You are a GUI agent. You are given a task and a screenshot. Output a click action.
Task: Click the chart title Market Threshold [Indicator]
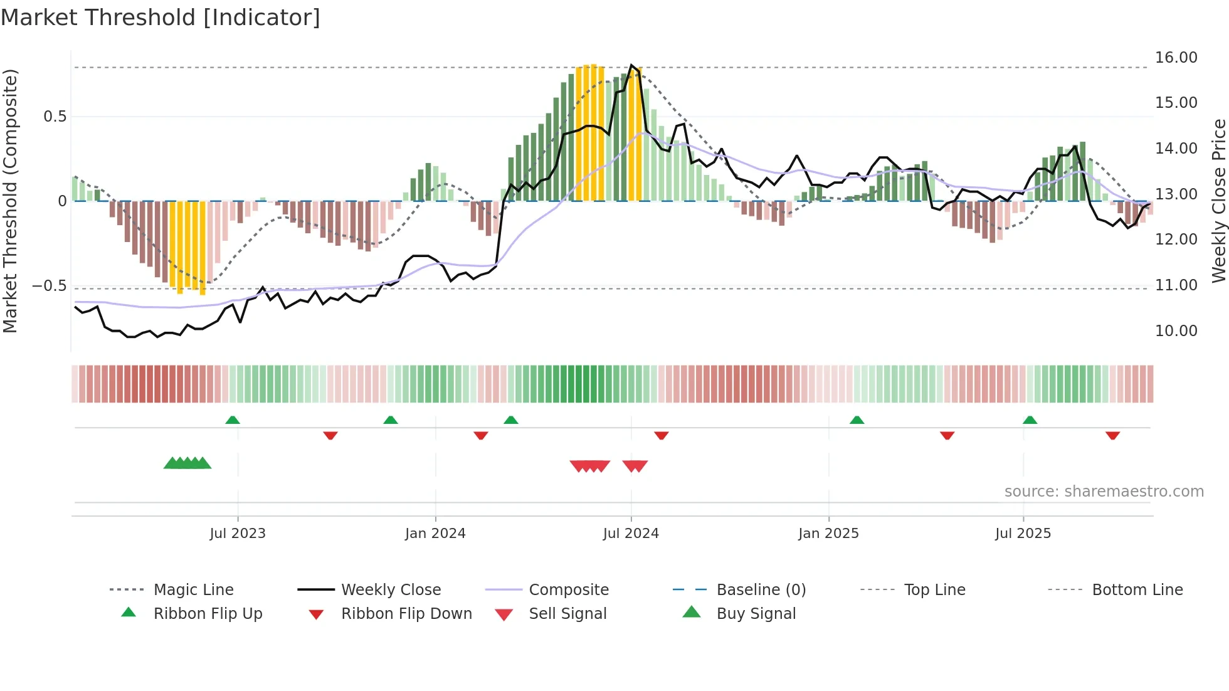coord(161,18)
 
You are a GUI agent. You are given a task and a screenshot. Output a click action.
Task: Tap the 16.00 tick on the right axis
coord(1176,58)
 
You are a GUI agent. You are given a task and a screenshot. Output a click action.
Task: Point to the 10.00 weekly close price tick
coord(1176,331)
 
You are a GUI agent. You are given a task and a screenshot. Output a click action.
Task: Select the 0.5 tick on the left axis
coord(55,117)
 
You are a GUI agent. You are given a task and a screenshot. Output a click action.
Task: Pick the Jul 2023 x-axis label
coord(238,534)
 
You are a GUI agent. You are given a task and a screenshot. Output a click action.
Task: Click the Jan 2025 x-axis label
coord(828,534)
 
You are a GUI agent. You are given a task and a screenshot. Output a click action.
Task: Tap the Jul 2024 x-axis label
coord(631,534)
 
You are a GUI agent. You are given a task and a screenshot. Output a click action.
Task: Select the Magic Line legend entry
coord(193,590)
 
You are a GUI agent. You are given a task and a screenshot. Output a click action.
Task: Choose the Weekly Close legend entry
coord(391,590)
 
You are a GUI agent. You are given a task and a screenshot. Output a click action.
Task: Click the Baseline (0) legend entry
coord(761,590)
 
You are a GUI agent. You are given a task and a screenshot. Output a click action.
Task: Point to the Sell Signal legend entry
coord(567,614)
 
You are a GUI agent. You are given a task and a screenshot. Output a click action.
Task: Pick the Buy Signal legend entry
coord(756,614)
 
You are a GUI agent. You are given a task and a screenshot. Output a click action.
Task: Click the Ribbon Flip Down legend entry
coord(406,614)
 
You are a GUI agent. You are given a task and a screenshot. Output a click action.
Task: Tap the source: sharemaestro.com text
coord(1104,492)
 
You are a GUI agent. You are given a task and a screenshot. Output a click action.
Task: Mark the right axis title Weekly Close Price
coord(1218,201)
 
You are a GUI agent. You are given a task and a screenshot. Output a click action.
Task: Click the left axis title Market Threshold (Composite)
coord(10,201)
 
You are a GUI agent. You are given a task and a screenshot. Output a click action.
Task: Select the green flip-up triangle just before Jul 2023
coord(233,420)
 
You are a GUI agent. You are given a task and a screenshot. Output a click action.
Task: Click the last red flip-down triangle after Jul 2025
coord(1112,435)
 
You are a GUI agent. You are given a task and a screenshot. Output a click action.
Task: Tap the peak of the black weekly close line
coord(631,65)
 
